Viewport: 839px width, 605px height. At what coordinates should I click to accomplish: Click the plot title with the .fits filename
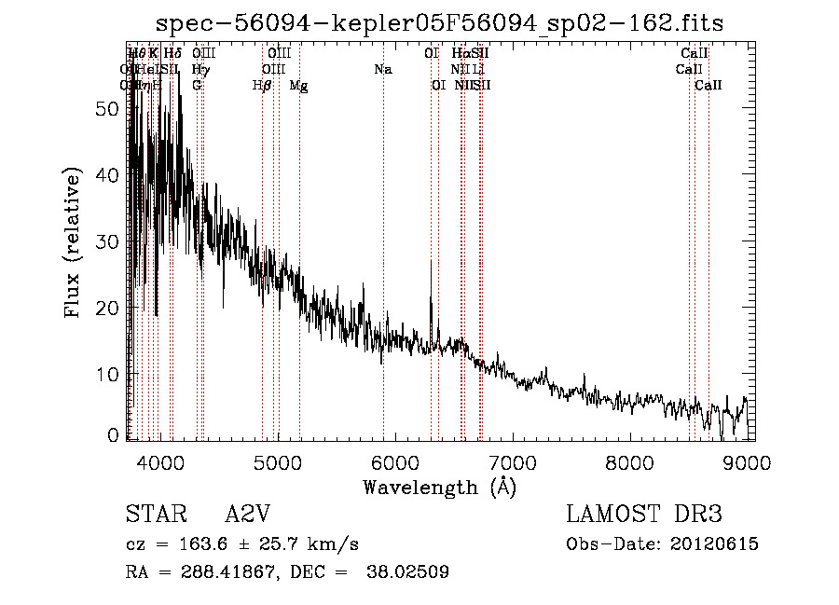point(439,21)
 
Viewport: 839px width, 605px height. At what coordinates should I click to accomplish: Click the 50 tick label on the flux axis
point(108,108)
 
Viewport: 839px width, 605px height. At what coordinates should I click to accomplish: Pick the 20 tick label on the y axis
point(108,308)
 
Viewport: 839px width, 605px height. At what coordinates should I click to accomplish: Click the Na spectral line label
point(382,69)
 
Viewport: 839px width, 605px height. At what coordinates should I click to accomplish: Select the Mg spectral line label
point(298,86)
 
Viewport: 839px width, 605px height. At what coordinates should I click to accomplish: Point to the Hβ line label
point(262,86)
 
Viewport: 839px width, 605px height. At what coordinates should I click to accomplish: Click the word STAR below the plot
point(154,515)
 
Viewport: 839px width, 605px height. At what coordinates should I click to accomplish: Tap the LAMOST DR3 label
point(644,515)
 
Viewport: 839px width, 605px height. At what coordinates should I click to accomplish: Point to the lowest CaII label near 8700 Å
point(708,86)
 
